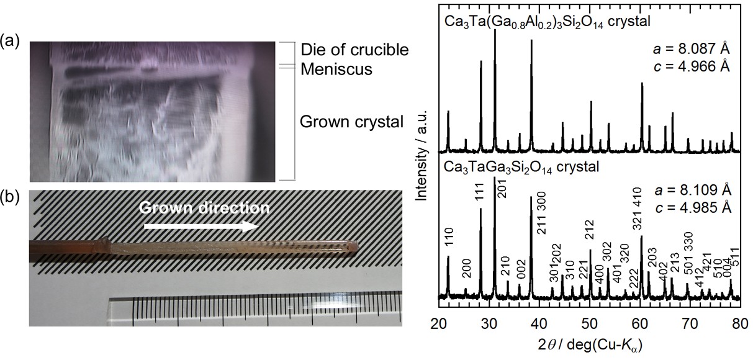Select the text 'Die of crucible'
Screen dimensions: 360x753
coord(354,50)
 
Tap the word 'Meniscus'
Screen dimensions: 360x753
coord(336,69)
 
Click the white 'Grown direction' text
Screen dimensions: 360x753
coord(204,208)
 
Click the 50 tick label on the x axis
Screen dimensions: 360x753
coord(590,322)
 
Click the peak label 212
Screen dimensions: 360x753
coord(590,233)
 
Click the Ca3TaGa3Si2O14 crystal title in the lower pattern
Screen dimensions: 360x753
coord(521,167)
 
